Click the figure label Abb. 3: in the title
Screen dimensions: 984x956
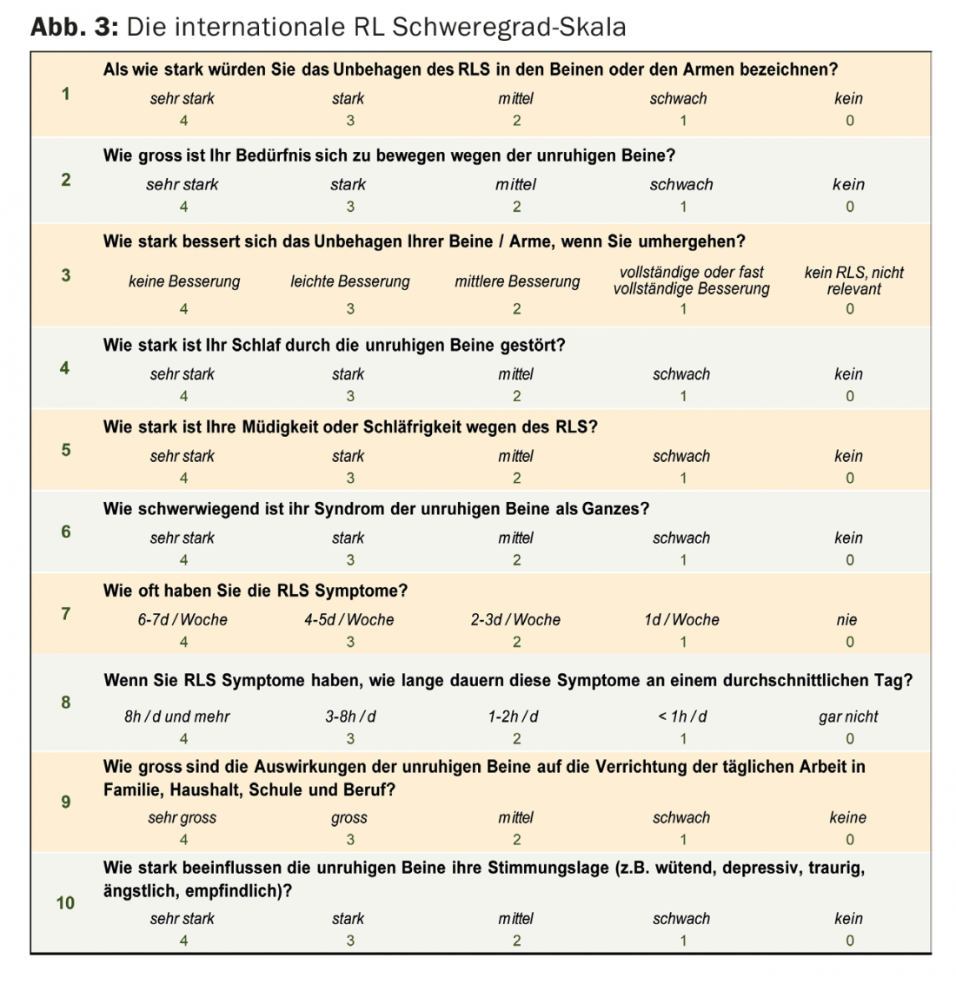point(74,27)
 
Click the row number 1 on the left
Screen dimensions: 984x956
point(66,94)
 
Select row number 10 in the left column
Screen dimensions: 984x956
point(66,902)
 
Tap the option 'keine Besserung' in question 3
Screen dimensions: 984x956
point(183,281)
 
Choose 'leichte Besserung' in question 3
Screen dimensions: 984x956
point(349,281)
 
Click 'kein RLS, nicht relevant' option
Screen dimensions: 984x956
point(853,281)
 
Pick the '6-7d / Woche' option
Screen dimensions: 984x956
point(183,620)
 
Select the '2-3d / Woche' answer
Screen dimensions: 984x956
point(515,620)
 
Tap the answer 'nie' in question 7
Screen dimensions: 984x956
point(846,620)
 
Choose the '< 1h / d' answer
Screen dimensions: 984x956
point(682,717)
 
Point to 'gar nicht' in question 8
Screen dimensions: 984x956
point(848,717)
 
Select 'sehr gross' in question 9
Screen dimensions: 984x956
point(182,817)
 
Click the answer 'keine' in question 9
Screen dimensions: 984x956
point(847,817)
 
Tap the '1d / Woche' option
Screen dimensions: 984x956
point(681,620)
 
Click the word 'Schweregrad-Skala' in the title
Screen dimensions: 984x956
point(509,27)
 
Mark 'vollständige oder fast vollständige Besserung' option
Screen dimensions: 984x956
point(691,281)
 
